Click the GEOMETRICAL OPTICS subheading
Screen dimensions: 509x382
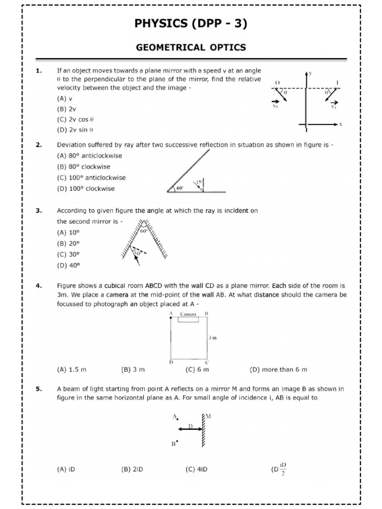(191, 47)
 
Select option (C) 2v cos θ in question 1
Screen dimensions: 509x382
(76, 119)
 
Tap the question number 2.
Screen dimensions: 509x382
(38, 145)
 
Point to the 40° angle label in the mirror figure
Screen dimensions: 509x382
(179, 188)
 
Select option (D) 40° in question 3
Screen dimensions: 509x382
(69, 265)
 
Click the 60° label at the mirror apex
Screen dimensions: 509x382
(144, 231)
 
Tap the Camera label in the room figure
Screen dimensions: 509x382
(189, 314)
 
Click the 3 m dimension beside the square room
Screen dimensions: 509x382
(212, 338)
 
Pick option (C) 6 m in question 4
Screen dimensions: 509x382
(197, 369)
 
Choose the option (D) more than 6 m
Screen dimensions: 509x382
(278, 369)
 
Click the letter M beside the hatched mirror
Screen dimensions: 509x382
(208, 417)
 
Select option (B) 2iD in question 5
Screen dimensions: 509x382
(132, 468)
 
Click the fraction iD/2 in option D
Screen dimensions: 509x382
(283, 468)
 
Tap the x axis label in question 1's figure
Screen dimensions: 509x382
(341, 124)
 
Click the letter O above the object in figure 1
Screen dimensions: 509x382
(277, 83)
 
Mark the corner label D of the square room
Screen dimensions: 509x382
(171, 362)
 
